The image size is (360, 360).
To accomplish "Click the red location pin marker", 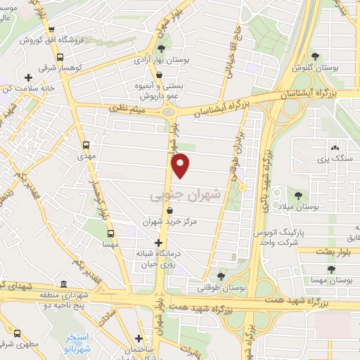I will pyautogui.click(x=181, y=165).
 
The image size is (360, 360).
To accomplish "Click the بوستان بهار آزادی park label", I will pyautogui.click(x=161, y=63).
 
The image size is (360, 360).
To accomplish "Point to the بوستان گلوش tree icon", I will pyautogui.click(x=314, y=56).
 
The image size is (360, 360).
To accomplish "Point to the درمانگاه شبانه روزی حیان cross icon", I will pyautogui.click(x=157, y=243).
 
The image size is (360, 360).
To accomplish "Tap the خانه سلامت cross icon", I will pyautogui.click(x=28, y=77).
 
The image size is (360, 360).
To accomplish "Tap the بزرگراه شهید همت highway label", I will pyautogui.click(x=300, y=304).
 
